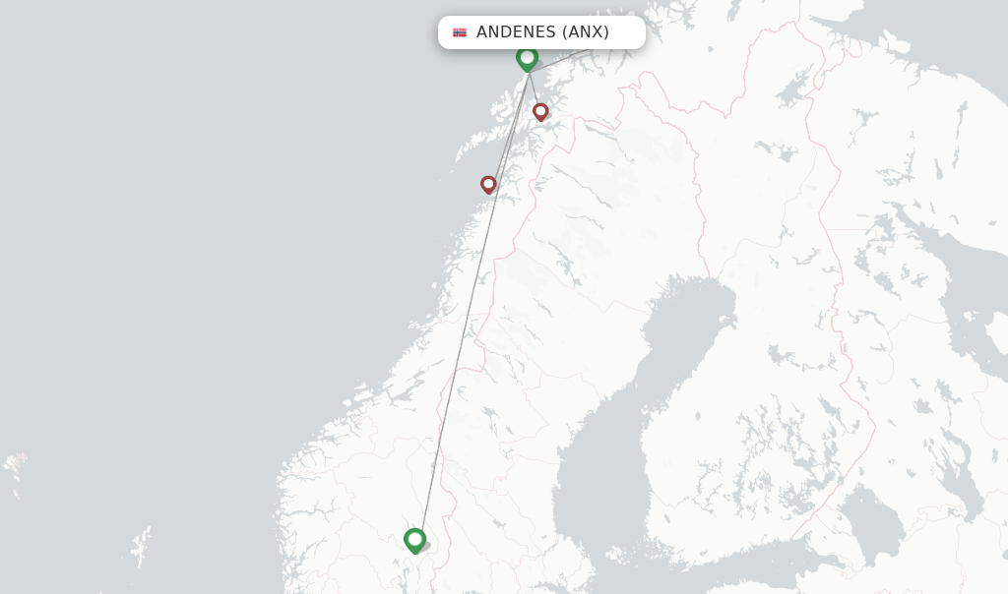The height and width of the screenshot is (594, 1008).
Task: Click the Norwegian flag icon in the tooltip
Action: click(460, 32)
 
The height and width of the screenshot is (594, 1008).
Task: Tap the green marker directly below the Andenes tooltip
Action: click(527, 58)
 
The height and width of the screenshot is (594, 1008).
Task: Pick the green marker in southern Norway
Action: click(414, 539)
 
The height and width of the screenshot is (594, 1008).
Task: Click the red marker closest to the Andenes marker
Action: click(540, 111)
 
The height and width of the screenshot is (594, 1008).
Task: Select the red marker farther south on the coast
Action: click(488, 184)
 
